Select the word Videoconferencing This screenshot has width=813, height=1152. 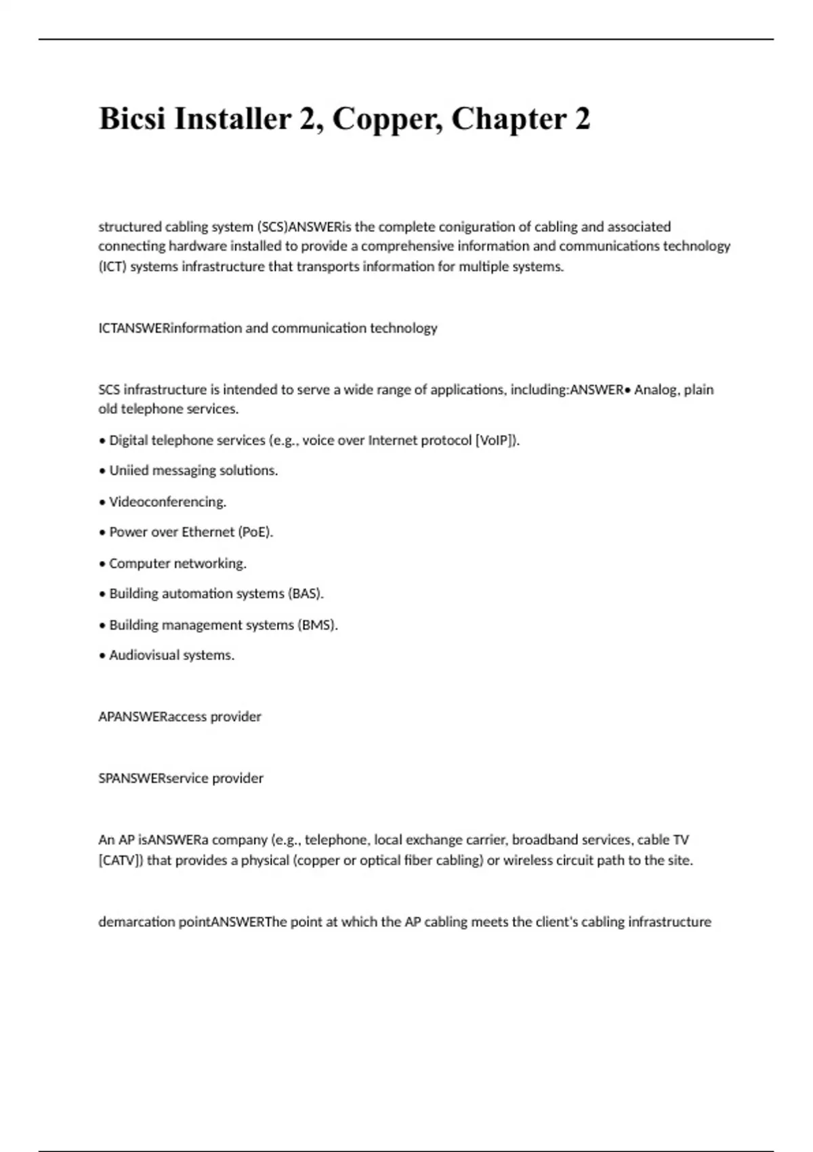167,502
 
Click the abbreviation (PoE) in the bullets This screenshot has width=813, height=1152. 255,532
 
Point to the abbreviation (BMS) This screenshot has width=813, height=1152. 317,625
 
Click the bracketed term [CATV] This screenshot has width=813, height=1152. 121,861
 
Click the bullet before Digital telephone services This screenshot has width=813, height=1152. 102,441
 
